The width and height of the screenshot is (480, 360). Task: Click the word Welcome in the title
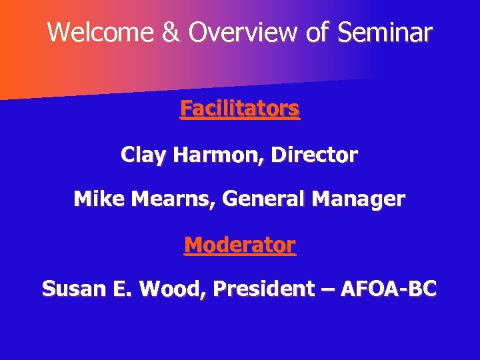pos(101,32)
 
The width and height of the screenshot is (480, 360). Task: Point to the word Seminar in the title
pos(385,32)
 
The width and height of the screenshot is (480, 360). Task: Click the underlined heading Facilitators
pos(239,109)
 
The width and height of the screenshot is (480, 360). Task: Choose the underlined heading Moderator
pos(239,245)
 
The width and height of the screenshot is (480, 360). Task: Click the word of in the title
pos(319,32)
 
